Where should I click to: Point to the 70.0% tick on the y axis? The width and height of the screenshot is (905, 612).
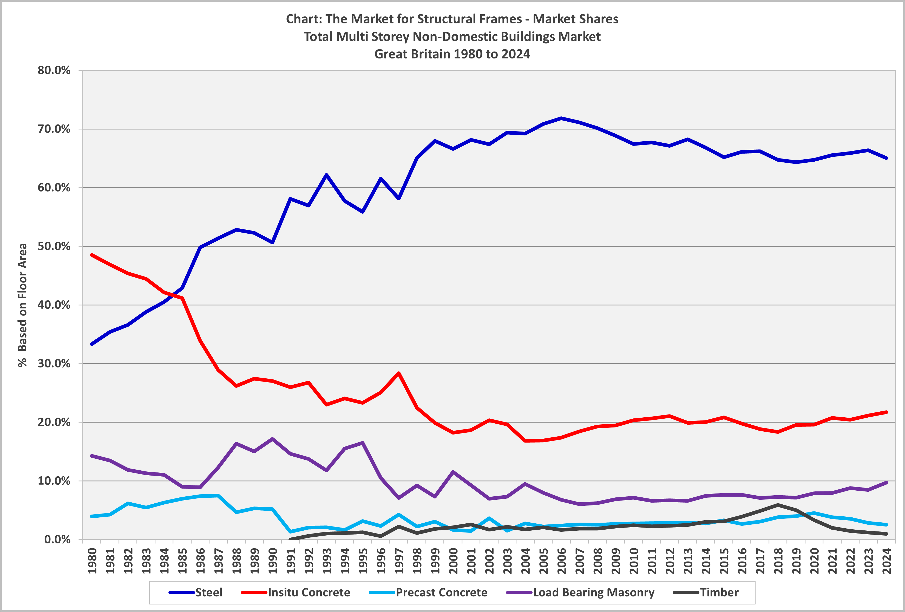54,129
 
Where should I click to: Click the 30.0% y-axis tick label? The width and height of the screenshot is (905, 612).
54,364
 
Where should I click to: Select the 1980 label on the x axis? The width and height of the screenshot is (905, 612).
92,561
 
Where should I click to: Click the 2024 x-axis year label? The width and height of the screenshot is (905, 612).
887,561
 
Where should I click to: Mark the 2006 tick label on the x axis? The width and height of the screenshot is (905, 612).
562,561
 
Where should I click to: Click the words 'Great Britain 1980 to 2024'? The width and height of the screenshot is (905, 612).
452,54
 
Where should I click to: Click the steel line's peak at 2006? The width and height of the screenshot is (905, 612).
561,118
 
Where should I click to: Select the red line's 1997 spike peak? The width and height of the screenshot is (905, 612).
399,373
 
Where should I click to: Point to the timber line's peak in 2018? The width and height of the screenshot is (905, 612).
778,505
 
